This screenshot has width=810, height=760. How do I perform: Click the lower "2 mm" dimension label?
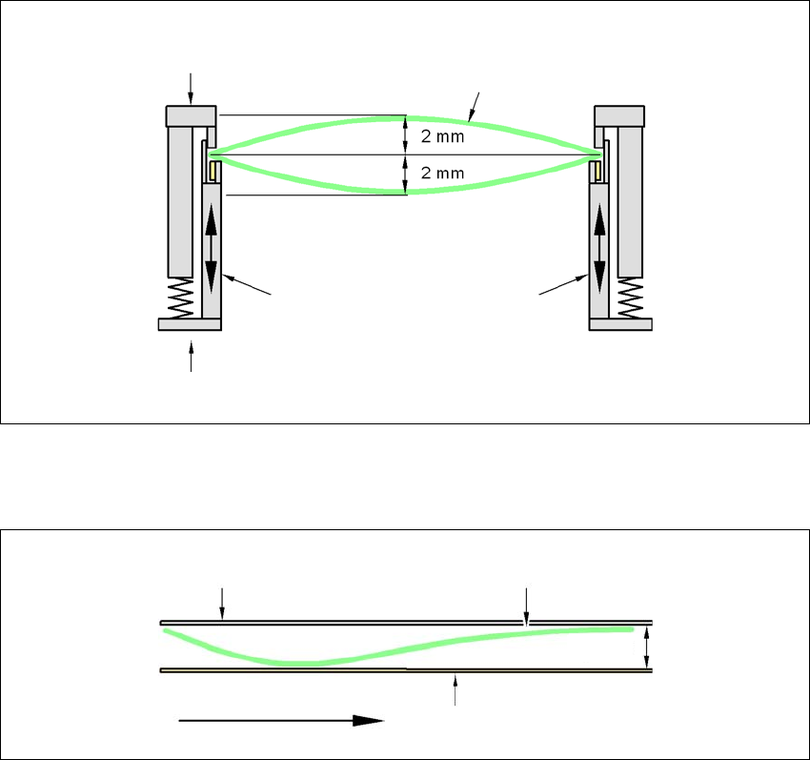pos(439,175)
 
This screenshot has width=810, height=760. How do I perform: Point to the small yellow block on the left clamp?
pos(214,172)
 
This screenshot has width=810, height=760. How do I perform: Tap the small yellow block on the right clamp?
pos(597,172)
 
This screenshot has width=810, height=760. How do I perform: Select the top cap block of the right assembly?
pos(619,115)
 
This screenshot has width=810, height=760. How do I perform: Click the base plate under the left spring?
pos(189,324)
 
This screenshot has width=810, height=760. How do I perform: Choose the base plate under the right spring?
pos(621,324)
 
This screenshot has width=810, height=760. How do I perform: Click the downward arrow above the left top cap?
pos(191,88)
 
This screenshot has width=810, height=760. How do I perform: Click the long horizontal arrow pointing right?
pos(281,722)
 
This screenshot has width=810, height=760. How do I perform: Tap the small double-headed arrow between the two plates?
pos(647,646)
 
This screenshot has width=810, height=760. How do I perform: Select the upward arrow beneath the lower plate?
pos(456,688)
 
